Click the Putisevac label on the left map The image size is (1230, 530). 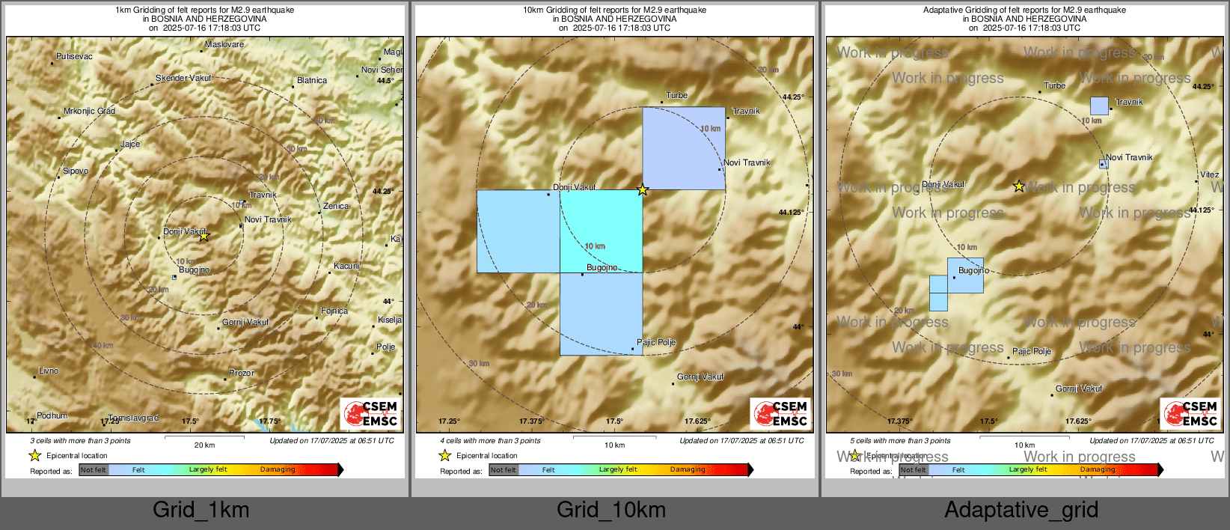point(75,57)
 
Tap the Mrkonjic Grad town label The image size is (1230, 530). point(90,112)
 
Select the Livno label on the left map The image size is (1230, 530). point(49,371)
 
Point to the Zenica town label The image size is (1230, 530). point(336,207)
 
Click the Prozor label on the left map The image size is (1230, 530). point(242,374)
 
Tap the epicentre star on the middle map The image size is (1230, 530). point(643,190)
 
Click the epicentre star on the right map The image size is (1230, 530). point(1019,186)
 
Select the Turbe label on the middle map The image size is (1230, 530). point(676,96)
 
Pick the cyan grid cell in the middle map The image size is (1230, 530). point(601,231)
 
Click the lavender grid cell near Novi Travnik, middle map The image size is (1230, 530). point(683,148)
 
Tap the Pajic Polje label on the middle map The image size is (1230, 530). point(656,343)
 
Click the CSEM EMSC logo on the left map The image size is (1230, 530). point(370,413)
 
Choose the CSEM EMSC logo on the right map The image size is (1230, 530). point(1190,413)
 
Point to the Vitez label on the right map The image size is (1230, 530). point(1209,175)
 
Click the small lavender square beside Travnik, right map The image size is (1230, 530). point(1099,106)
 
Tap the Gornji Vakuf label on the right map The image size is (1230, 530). point(1079,389)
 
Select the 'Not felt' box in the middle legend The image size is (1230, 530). point(504,470)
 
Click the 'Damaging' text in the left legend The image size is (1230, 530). point(278,470)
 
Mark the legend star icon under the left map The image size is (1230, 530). point(35,455)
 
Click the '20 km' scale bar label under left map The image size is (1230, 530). point(204,445)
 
